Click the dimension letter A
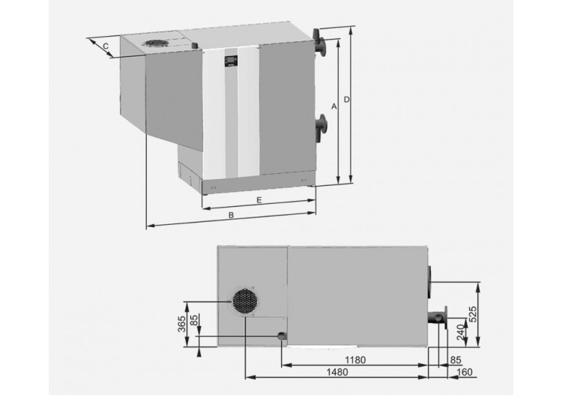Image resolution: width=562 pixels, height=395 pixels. [x=334, y=106]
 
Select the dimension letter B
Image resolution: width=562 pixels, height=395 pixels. [x=232, y=215]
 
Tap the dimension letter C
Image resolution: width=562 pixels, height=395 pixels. [x=106, y=46]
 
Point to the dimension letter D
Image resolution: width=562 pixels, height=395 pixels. [x=346, y=99]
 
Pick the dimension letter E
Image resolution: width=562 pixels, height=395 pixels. [x=259, y=200]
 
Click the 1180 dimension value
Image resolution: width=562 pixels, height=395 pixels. [x=355, y=360]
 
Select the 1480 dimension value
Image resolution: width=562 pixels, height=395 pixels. [x=337, y=372]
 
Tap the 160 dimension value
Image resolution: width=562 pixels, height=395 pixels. [x=465, y=372]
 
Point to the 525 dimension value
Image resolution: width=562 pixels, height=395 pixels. [x=473, y=314]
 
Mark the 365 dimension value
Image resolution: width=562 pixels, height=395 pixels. [x=182, y=324]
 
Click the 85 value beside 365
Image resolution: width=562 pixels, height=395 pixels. [x=194, y=320]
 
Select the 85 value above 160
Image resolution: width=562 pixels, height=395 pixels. [x=456, y=360]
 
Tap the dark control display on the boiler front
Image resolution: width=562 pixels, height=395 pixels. [x=231, y=61]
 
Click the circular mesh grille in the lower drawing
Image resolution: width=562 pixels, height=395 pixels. [x=246, y=301]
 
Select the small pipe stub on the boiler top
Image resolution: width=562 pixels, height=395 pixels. [x=195, y=46]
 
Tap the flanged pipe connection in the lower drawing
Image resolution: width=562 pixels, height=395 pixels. [x=438, y=318]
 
